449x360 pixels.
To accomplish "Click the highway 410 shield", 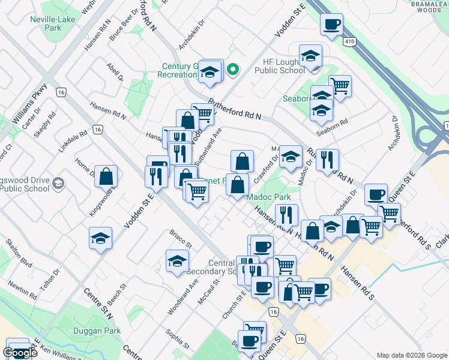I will click(x=349, y=41).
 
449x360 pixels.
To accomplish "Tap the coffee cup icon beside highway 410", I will click(x=331, y=25).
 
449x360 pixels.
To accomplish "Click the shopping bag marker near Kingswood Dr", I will click(x=106, y=176).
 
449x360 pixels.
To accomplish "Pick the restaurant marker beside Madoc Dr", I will click(x=327, y=160).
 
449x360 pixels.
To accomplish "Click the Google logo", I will click(x=20, y=353).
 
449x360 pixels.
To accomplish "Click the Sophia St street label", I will click(x=179, y=343).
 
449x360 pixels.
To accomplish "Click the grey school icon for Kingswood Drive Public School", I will click(x=58, y=182).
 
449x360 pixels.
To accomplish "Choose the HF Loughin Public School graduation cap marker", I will click(x=310, y=56).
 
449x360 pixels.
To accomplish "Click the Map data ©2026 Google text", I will click(x=411, y=355).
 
